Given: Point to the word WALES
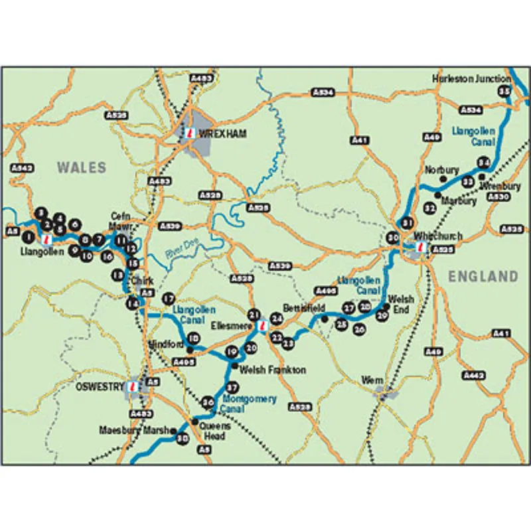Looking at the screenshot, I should (x=81, y=167).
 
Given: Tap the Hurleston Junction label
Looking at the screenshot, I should (x=471, y=78).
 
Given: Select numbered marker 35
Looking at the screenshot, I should (x=505, y=91).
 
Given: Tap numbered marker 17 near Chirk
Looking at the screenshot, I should (x=169, y=297).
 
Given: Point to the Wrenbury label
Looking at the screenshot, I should (x=496, y=186).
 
